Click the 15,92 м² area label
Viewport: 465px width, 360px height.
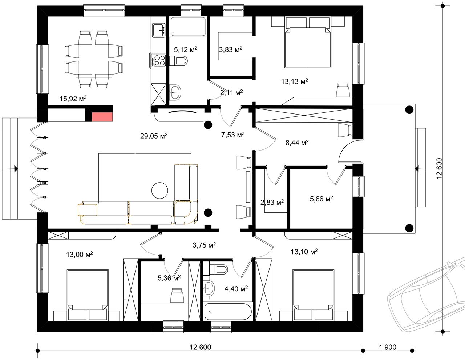point(73,99)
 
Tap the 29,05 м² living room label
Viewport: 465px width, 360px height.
point(154,136)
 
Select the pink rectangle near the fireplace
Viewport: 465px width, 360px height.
point(102,117)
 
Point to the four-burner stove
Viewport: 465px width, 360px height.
point(160,60)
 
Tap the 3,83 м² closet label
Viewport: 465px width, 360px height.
point(230,49)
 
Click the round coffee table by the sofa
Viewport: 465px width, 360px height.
point(159,190)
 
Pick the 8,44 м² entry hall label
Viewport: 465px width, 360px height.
point(297,143)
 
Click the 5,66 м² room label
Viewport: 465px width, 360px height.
point(321,199)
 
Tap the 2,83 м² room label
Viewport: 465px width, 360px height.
point(272,202)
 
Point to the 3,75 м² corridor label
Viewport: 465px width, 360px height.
point(204,245)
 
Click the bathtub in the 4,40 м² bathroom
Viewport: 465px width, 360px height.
point(228,311)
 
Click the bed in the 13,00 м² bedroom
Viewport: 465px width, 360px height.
point(88,295)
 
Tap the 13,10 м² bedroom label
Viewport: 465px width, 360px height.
point(304,252)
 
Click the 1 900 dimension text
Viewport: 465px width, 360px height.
point(388,347)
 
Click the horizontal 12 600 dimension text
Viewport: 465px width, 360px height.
point(200,347)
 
